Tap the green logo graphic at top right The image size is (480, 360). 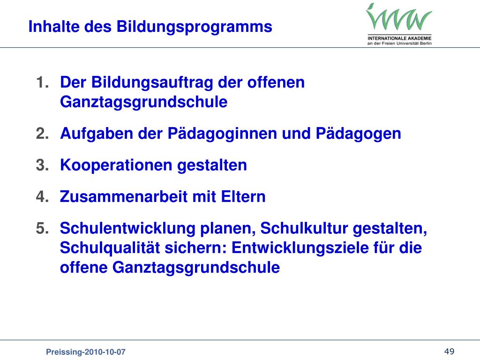(x=399, y=18)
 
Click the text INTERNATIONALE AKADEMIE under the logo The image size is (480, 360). (x=399, y=38)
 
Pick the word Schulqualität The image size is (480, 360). (x=109, y=248)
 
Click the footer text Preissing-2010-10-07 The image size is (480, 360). (x=85, y=352)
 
